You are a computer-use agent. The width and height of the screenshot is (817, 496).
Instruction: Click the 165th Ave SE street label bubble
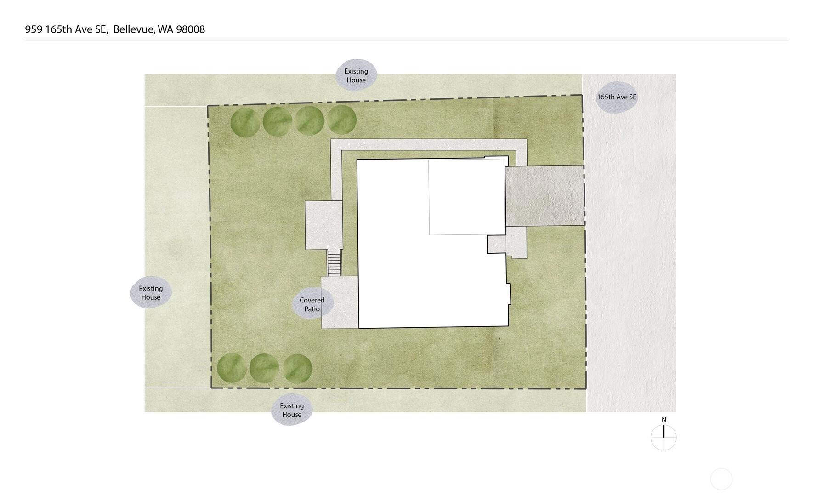pos(617,97)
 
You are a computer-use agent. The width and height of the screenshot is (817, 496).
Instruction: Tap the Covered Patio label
pos(312,304)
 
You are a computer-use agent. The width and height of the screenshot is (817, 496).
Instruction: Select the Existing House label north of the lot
pos(356,75)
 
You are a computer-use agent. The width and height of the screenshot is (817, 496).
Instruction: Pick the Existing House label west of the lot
pos(151,292)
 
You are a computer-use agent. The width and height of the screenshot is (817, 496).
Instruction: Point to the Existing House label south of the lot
pos(292,410)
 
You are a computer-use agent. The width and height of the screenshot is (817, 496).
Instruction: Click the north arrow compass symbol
pos(664,437)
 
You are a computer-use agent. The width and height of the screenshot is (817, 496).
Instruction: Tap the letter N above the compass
pos(664,420)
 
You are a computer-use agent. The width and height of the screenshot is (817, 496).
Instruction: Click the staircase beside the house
pos(334,263)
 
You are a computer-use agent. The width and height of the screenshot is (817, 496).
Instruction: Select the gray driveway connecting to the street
pos(545,196)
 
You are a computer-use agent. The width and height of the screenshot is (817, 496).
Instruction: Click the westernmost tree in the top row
pos(245,122)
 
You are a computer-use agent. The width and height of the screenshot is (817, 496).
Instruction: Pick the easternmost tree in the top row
pos(342,120)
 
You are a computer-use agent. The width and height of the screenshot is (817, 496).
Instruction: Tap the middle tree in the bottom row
pos(264,369)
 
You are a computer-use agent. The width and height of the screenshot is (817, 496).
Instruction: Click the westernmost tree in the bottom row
pos(232,368)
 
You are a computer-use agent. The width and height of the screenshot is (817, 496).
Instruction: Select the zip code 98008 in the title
pos(191,29)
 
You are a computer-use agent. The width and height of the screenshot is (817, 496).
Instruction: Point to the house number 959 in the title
pos(34,29)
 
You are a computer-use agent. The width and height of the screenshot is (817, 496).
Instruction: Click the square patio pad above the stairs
pos(324,225)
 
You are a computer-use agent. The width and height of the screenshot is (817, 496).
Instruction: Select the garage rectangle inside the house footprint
pos(466,197)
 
